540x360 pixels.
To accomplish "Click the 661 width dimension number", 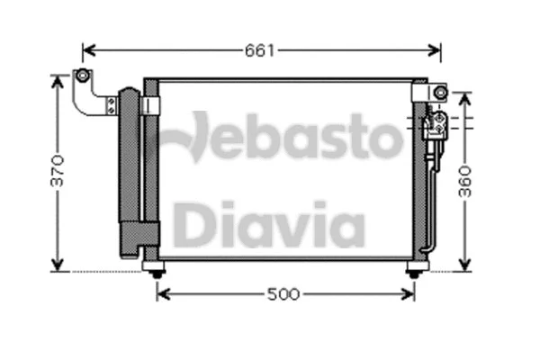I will point(259,50).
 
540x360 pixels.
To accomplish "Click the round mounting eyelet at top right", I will point(439,92).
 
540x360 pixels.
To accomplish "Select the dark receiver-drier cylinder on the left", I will point(129,171).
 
